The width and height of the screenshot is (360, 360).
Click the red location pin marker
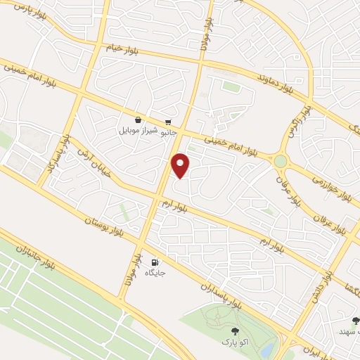point(181,165)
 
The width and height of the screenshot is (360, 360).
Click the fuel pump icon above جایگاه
point(154,264)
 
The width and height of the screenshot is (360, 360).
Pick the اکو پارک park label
point(235,342)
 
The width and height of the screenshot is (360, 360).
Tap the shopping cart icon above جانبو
point(168,122)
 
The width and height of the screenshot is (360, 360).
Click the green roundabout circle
point(281,161)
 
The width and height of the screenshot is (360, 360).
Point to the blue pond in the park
point(266,350)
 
